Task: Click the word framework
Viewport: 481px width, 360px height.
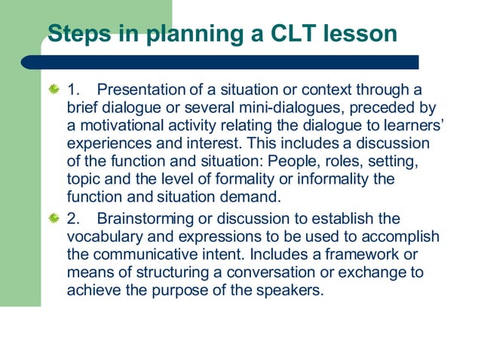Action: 365,254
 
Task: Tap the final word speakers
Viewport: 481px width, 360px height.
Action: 292,288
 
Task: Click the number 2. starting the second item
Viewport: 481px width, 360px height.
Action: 74,218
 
